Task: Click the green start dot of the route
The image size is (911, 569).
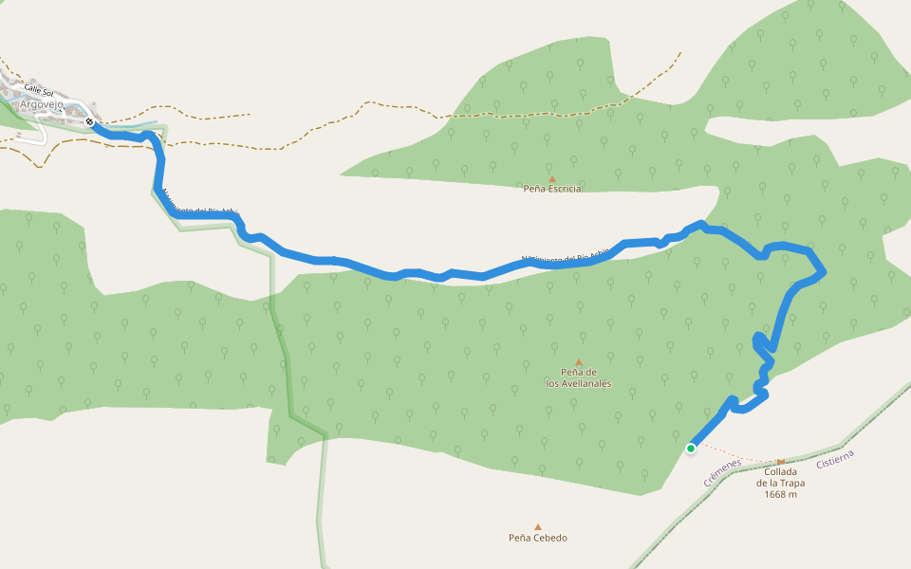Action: pyautogui.click(x=691, y=449)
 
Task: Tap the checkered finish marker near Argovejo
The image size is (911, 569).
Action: pyautogui.click(x=89, y=121)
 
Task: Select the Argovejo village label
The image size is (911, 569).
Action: pyautogui.click(x=42, y=105)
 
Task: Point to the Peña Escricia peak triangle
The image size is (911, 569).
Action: pyautogui.click(x=551, y=178)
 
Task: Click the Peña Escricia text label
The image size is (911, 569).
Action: pyautogui.click(x=551, y=189)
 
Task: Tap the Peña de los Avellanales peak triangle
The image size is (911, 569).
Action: pyautogui.click(x=578, y=362)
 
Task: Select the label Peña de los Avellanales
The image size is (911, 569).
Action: pyautogui.click(x=578, y=377)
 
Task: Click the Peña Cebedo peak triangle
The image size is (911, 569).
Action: pyautogui.click(x=538, y=527)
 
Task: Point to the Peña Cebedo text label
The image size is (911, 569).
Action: pyautogui.click(x=538, y=539)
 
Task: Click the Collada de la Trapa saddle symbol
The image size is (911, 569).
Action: pyautogui.click(x=781, y=461)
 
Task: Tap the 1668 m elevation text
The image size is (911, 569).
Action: pyautogui.click(x=779, y=494)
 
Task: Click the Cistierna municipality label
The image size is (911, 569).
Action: pyautogui.click(x=835, y=459)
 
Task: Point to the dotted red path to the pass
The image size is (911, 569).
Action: pyautogui.click(x=740, y=454)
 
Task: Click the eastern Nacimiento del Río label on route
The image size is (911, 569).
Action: pyautogui.click(x=566, y=257)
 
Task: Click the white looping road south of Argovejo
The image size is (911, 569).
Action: pyautogui.click(x=34, y=132)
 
